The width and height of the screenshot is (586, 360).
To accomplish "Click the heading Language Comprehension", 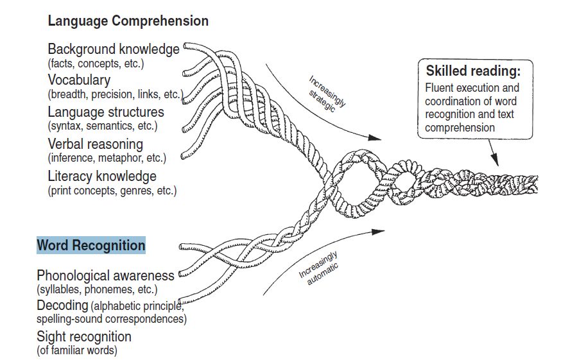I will tap(128, 21).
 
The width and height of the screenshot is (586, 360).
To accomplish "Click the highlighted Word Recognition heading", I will tap(91, 245).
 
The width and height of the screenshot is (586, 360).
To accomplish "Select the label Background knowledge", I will tap(114, 49).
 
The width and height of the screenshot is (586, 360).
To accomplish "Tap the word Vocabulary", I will tap(79, 80).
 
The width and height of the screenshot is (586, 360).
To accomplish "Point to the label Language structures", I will tap(106, 112).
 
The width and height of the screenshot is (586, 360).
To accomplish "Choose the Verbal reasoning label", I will tap(95, 144).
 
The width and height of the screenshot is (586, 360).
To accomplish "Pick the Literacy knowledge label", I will tap(102, 176).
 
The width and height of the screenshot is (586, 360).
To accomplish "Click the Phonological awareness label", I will tap(105, 275).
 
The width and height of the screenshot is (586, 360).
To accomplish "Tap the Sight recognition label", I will tap(84, 336).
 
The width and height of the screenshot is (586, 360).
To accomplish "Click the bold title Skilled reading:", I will tap(473, 71).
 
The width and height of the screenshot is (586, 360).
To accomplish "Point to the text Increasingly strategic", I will tap(327, 94).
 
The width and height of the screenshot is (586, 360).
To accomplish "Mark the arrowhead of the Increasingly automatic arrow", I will tap(380, 230).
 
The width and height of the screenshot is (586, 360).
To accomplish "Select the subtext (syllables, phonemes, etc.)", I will tap(97, 289).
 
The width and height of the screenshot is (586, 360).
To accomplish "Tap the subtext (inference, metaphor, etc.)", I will tap(107, 158).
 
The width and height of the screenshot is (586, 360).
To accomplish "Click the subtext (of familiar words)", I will tap(77, 350).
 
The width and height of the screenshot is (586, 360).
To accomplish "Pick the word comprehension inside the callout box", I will tap(460, 128).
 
